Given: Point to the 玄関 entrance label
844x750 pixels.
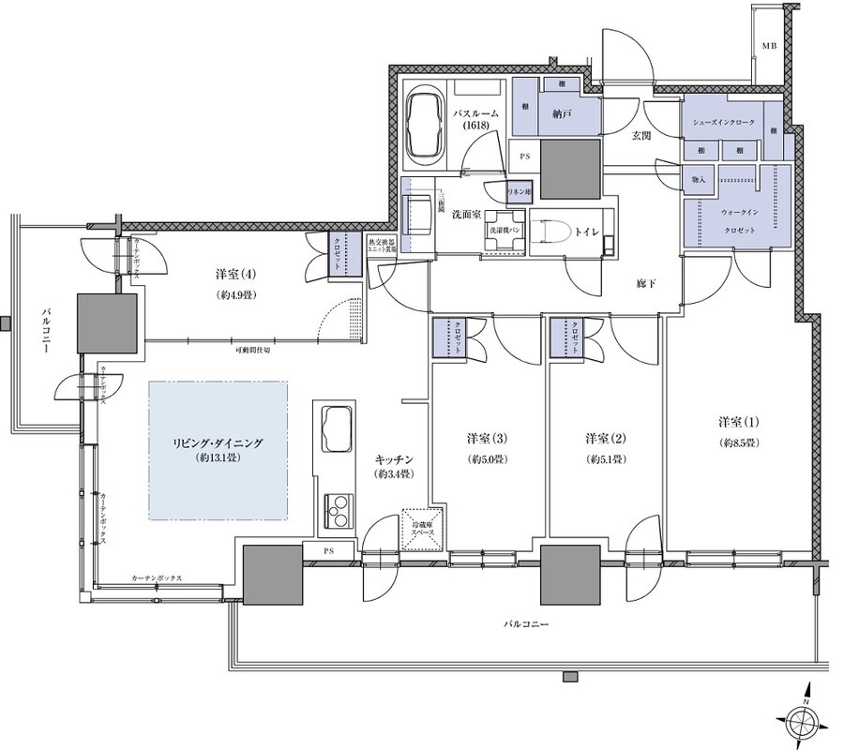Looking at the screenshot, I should point(641,137).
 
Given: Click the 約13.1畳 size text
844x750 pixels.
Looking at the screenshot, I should point(218,459).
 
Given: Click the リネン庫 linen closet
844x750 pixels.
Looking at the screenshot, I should point(520,191).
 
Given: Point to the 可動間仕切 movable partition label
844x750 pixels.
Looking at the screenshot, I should point(252,350).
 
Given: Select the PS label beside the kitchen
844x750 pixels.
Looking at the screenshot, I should point(328,550).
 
